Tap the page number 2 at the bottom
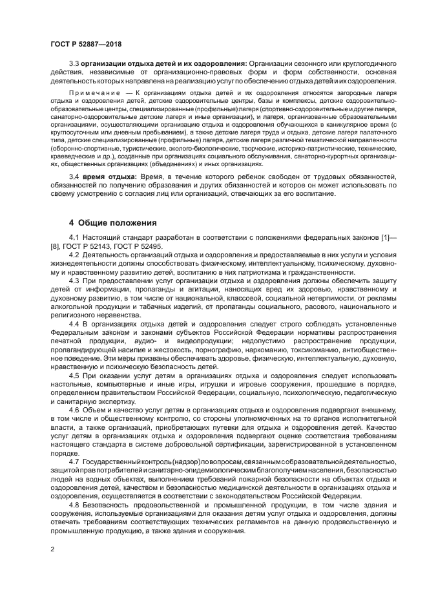point(52,547)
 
